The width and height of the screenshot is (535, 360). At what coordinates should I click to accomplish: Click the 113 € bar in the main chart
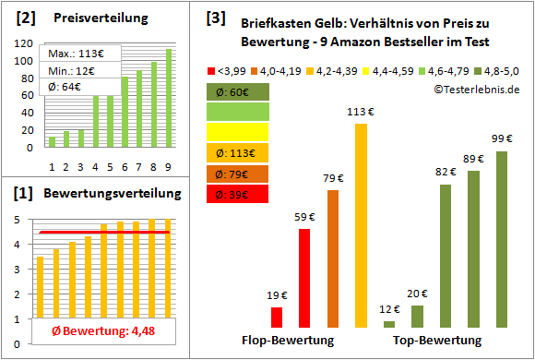tap(361, 225)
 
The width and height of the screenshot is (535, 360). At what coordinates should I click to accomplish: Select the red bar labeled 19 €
tap(277, 318)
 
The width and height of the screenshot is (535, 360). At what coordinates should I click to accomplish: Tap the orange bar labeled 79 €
tap(332, 258)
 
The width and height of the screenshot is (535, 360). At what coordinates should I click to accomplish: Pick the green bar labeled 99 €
tap(502, 239)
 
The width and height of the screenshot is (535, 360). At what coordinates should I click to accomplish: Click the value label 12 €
tap(389, 309)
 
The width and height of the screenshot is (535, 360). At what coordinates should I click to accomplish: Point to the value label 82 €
tap(446, 172)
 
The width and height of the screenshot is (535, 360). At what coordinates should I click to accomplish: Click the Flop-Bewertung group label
tap(286, 340)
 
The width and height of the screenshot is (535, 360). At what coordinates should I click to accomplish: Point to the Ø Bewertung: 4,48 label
tap(90, 333)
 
